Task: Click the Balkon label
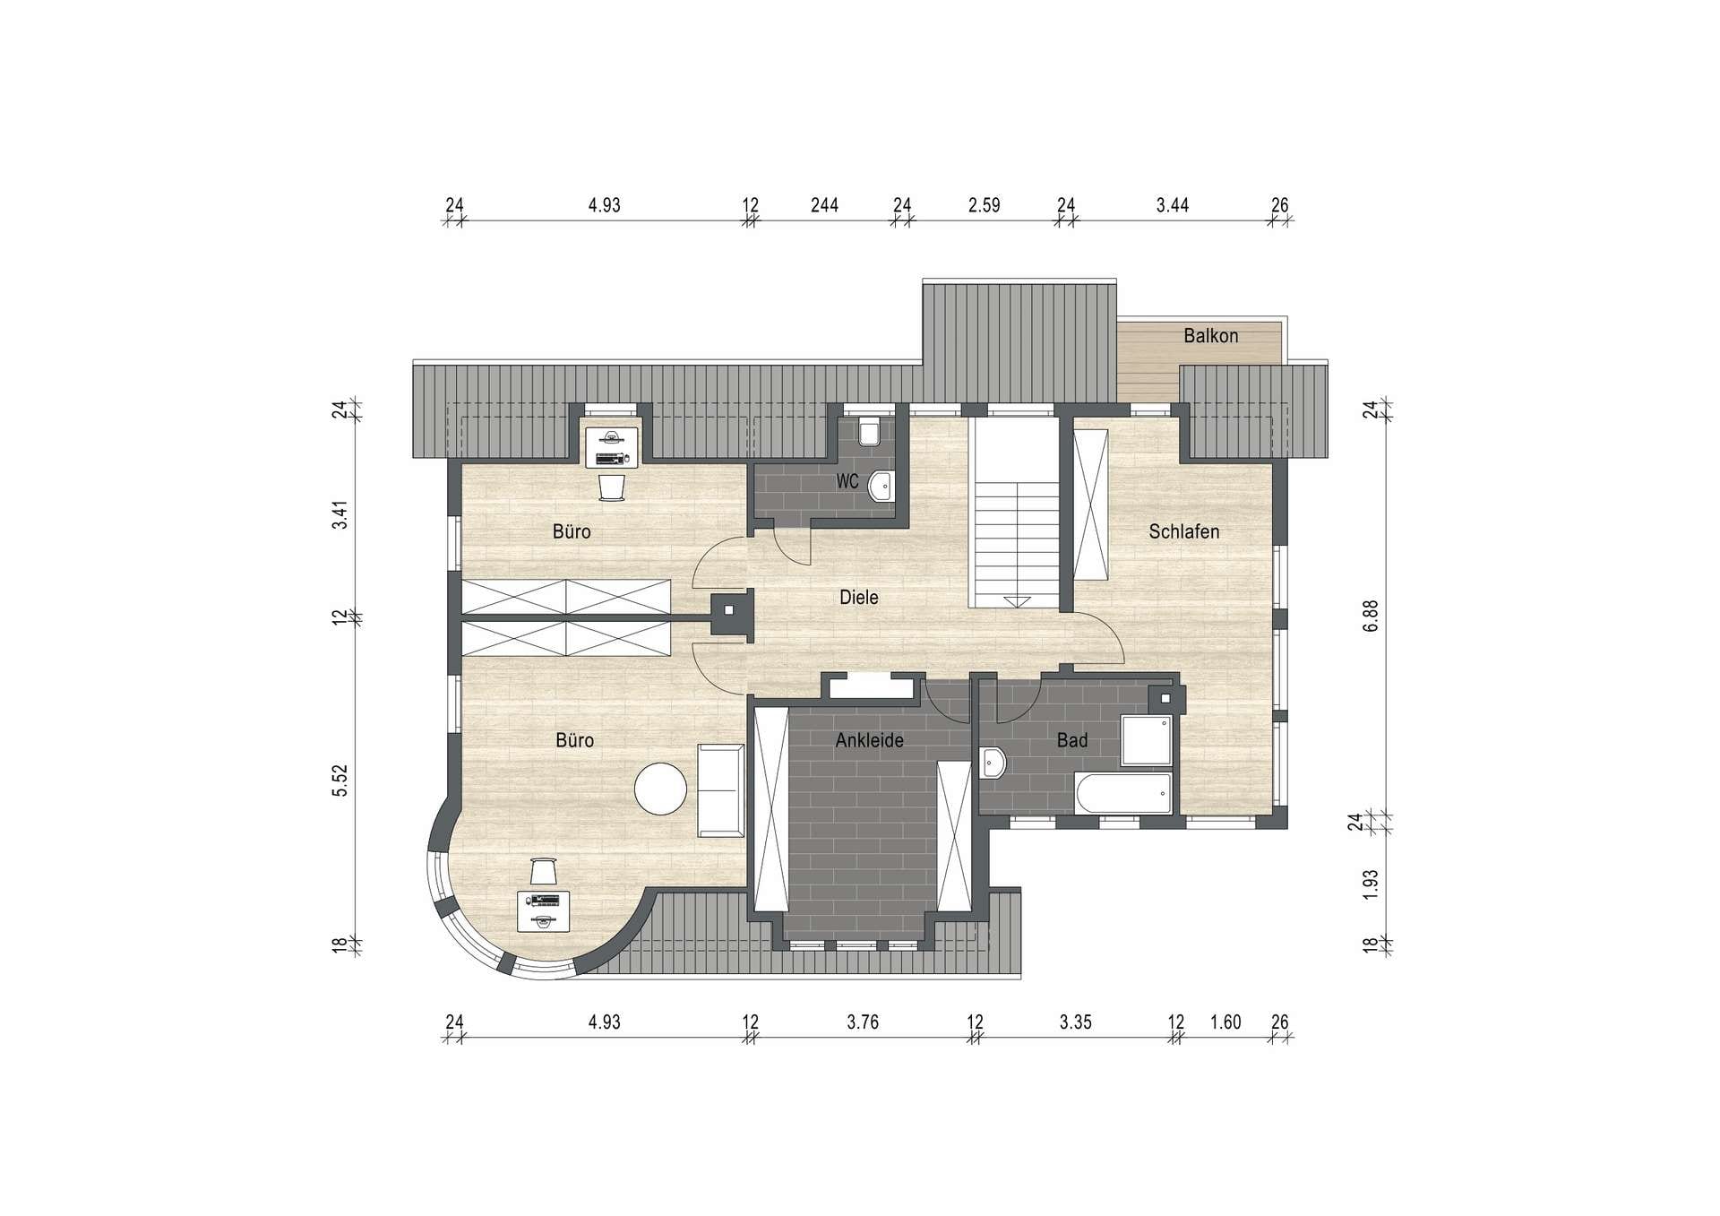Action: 1210,336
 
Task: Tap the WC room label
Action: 847,481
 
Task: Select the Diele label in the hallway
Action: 858,597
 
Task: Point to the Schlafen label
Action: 1183,531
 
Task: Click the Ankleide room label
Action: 869,740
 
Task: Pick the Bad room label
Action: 1071,740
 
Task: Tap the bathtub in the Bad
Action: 1122,794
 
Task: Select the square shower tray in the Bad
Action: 1147,740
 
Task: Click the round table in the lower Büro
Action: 660,789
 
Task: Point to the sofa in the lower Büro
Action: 721,790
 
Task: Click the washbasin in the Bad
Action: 993,763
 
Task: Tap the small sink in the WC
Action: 881,485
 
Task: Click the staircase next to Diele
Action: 1017,514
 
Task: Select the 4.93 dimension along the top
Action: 604,205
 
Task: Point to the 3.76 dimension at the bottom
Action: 863,1022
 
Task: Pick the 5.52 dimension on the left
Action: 340,780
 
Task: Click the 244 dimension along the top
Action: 824,205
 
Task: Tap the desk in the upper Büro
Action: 612,447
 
